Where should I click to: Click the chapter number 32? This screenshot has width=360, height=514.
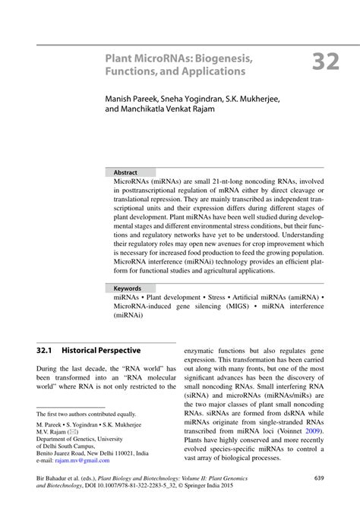pyautogui.click(x=325, y=61)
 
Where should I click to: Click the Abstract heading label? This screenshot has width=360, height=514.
pyautogui.click(x=125, y=173)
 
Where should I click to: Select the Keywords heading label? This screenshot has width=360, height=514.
pyautogui.click(x=128, y=289)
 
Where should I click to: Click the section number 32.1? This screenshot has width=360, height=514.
pyautogui.click(x=47, y=351)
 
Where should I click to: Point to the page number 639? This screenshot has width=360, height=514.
pyautogui.click(x=319, y=478)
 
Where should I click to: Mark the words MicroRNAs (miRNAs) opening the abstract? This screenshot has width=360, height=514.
pyautogui.click(x=150, y=183)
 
